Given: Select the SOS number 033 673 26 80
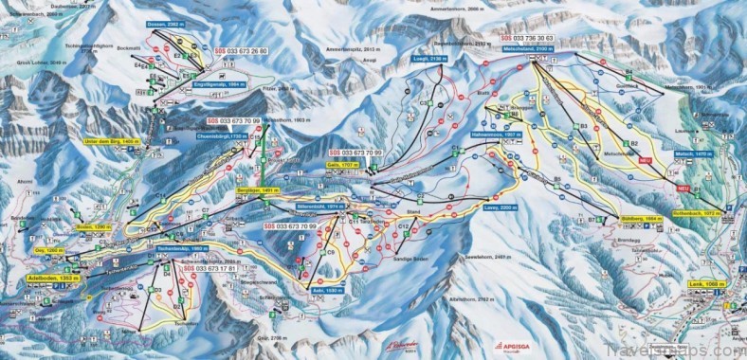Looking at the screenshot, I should click(236, 51).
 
